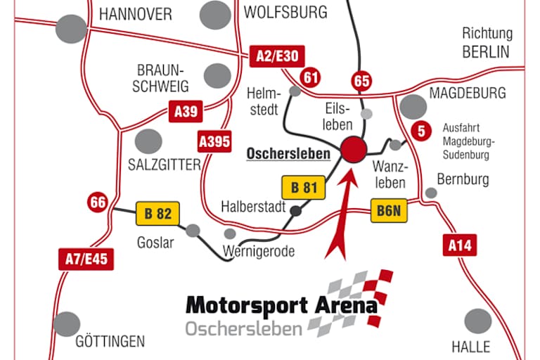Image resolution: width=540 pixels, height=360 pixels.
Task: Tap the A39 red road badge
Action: click(186, 111)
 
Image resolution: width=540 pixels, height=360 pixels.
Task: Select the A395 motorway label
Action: click(214, 141)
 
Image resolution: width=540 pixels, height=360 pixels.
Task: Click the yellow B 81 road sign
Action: click(304, 188)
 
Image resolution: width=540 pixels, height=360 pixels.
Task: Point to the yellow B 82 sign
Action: click(157, 212)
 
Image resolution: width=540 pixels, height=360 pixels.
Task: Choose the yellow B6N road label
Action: click(390, 210)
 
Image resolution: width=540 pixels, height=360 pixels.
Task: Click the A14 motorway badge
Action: click(460, 245)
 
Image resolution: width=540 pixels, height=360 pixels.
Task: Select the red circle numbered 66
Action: click(98, 203)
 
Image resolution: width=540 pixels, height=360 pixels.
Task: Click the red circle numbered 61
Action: click(309, 77)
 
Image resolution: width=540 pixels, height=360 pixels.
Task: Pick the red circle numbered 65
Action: click(362, 81)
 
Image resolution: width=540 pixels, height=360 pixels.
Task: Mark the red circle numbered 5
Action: click(421, 130)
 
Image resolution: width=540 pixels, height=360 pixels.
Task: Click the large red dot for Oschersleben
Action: click(353, 149)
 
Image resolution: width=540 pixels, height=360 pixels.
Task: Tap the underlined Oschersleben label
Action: click(288, 153)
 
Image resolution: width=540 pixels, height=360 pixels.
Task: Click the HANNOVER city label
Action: click(136, 13)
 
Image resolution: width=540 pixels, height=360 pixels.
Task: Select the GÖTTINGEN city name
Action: click(110, 341)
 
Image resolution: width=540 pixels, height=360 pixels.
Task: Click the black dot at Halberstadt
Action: click(296, 210)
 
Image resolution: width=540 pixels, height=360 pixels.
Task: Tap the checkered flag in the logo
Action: click(355, 299)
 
